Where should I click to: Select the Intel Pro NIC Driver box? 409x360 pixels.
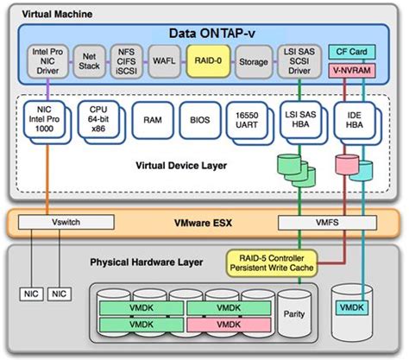click(x=47, y=62)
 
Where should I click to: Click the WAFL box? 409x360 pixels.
click(x=161, y=62)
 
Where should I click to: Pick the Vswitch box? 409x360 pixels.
click(x=55, y=222)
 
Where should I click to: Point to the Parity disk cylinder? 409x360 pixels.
click(x=299, y=314)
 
